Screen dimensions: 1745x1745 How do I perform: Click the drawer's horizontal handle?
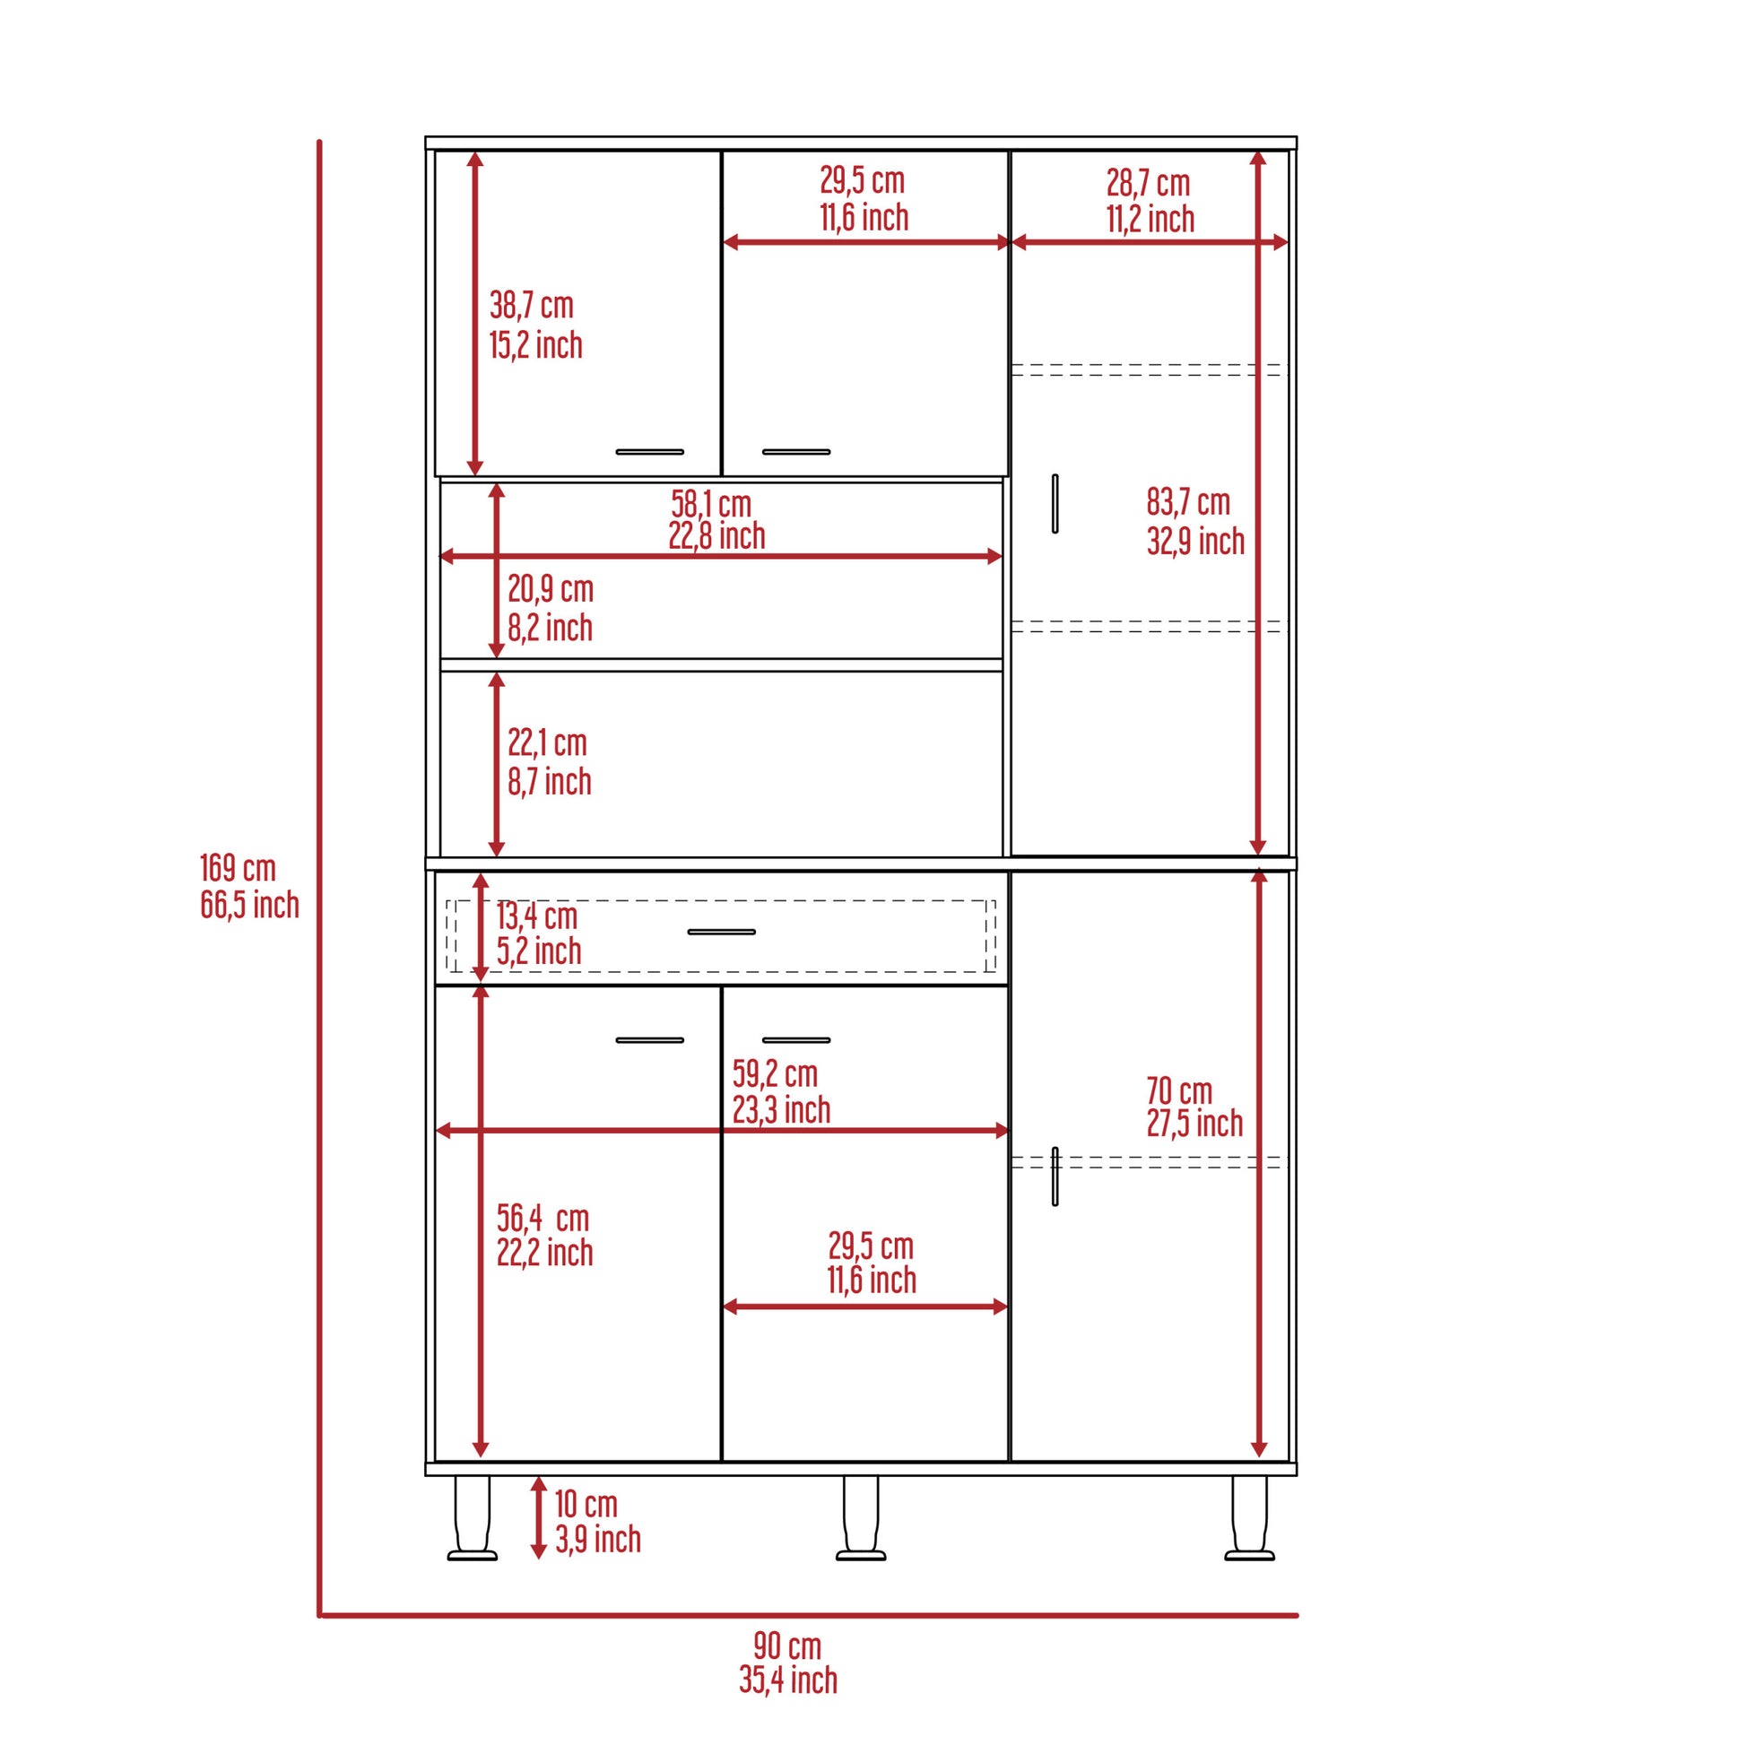721,932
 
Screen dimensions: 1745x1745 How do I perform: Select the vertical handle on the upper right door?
1055,503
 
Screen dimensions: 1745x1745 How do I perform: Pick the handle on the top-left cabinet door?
649,452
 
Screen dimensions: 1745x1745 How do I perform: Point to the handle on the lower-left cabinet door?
649,1039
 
